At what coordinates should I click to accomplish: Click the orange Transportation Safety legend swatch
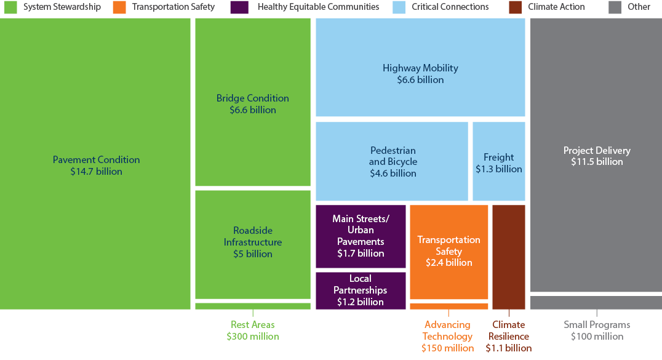119,7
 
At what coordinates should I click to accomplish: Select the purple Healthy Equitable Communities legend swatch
239,7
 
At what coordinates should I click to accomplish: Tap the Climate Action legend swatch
516,7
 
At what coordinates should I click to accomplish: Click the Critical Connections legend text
450,7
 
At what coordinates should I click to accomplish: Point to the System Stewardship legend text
62,7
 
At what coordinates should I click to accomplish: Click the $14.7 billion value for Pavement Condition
96,172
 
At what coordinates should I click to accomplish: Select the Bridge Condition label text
252,98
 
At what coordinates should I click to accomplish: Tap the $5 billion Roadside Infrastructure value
252,254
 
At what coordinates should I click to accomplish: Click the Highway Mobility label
420,68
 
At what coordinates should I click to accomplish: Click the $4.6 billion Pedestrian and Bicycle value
393,174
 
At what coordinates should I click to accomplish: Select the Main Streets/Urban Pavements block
361,236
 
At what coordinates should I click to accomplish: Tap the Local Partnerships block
361,290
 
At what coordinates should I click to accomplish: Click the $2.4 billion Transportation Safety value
449,263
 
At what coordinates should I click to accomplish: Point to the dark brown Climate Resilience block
508,256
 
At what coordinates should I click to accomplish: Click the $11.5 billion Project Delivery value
596,162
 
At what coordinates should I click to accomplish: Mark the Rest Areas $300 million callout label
252,330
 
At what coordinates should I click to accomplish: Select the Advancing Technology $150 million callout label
447,336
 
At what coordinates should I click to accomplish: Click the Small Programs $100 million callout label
596,330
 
